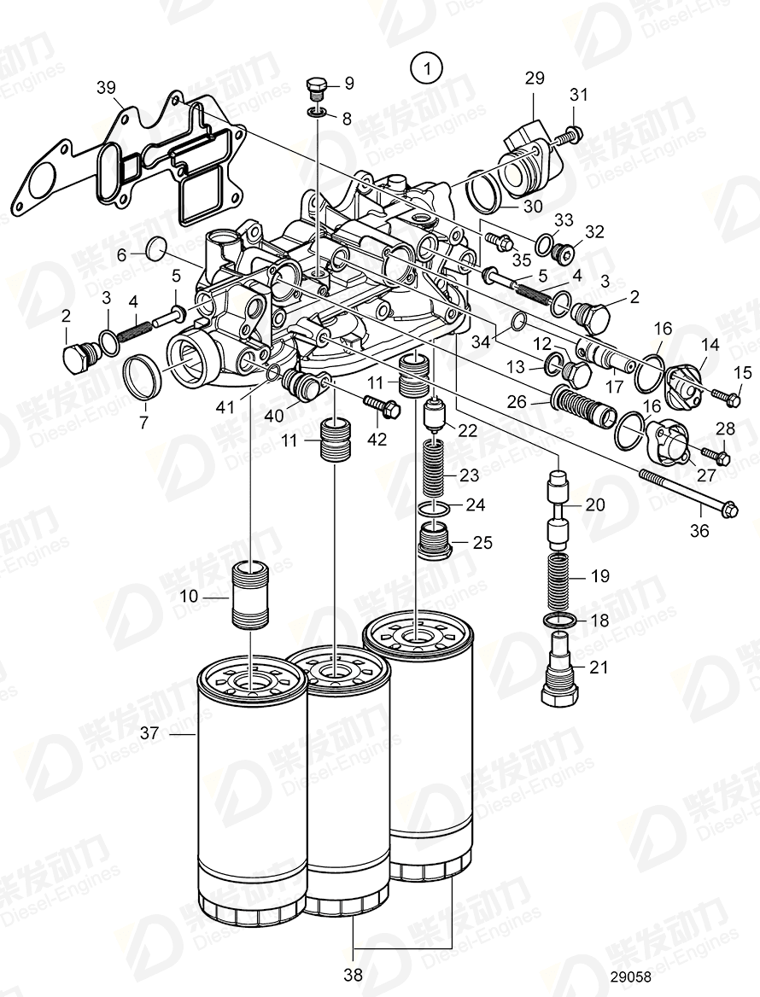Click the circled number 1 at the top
coord(425,67)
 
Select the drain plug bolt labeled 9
coord(317,87)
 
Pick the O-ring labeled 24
coord(436,509)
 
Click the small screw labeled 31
coord(572,133)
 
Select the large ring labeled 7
coord(142,376)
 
